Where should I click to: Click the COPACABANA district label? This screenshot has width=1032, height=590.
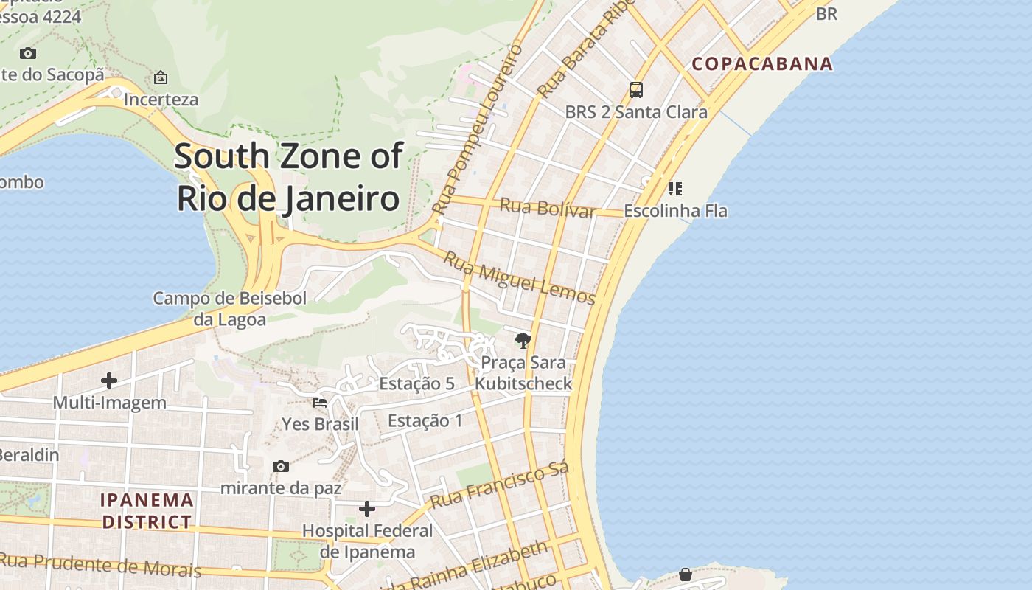(762, 63)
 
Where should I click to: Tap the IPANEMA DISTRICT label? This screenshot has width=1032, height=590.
(147, 511)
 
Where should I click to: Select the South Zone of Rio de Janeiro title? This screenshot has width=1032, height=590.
(288, 177)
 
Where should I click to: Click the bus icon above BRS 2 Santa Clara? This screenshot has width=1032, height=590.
(635, 90)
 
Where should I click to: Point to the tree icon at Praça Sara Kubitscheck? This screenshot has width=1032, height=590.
(523, 340)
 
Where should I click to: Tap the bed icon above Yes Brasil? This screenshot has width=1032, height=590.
(320, 403)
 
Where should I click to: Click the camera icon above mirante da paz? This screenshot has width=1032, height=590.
(280, 466)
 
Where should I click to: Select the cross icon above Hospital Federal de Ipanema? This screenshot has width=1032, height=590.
(367, 509)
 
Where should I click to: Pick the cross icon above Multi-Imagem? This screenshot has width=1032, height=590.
(109, 381)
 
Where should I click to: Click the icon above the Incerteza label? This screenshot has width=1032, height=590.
(160, 77)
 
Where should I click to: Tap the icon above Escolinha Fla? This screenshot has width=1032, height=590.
(674, 189)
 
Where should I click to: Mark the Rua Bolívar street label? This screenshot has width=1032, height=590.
(547, 208)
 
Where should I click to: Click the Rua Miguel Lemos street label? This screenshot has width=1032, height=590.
(519, 278)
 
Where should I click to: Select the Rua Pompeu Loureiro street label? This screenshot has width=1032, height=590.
(478, 130)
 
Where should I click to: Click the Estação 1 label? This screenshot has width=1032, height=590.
(425, 421)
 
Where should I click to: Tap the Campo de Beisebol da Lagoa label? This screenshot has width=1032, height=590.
(229, 309)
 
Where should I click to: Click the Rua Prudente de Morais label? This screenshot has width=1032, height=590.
(101, 564)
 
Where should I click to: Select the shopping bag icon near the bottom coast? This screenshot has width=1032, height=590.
(686, 574)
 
